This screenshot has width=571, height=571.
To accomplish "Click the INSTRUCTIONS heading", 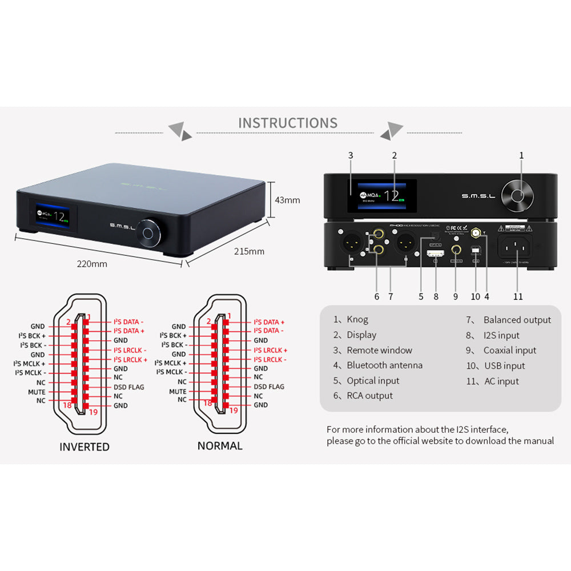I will (287, 123).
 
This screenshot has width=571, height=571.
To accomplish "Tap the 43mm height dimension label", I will (287, 200).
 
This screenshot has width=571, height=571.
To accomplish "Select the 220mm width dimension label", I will (92, 264).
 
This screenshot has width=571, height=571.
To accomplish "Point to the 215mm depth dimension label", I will (249, 251).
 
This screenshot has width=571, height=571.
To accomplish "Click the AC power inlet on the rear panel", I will (516, 247).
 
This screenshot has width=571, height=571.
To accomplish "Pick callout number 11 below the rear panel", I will (517, 296).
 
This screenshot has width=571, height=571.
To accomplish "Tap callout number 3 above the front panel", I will (351, 155).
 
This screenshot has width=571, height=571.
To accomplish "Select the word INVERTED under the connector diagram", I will (85, 447).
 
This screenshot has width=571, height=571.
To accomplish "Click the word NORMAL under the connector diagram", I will (220, 446).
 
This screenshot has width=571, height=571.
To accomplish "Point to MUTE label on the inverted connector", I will (37, 392).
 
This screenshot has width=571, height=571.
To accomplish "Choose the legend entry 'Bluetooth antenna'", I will (384, 365).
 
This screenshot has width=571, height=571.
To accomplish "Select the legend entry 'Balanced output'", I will (517, 320).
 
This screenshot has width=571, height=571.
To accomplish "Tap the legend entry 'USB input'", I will (504, 365).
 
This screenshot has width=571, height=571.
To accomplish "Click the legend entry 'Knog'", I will (357, 320).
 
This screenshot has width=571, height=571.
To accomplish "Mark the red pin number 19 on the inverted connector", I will (93, 411).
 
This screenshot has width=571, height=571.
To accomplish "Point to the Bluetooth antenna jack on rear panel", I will (475, 232).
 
